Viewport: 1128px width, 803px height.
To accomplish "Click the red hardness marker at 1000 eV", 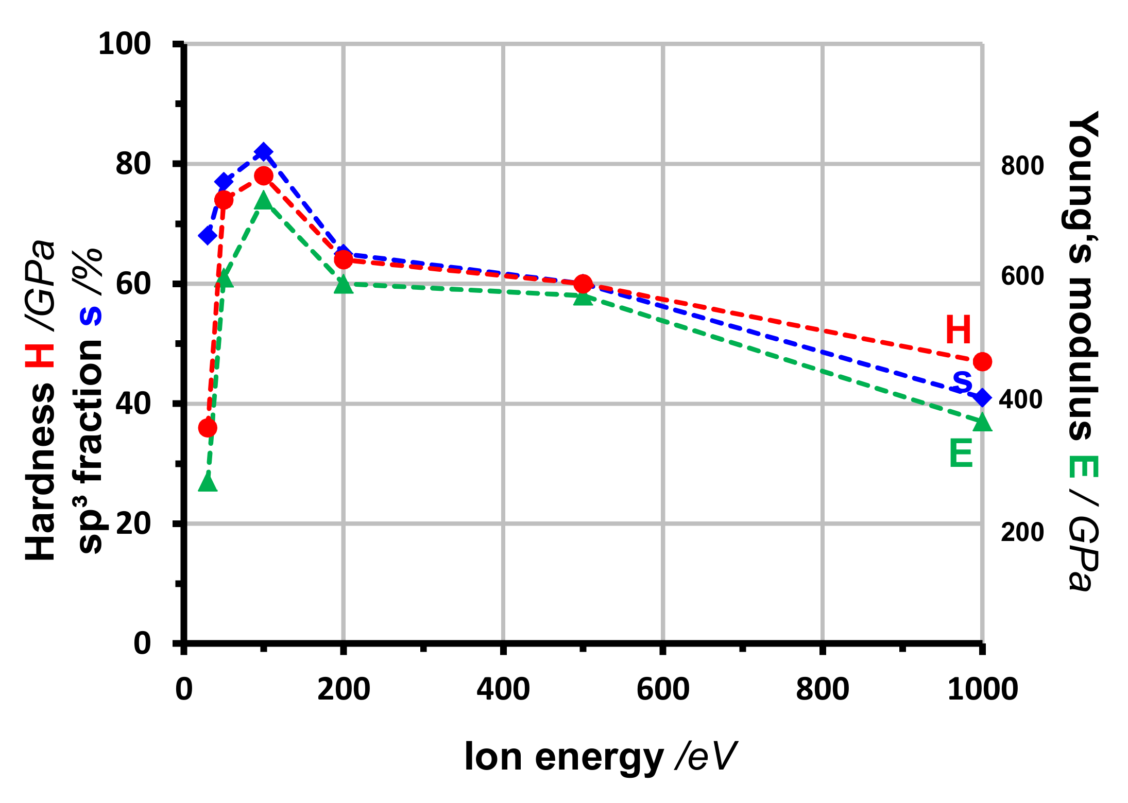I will point(982,362).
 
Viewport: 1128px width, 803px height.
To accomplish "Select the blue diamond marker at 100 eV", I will point(264,152).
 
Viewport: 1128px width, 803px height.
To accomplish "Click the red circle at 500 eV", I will point(583,284).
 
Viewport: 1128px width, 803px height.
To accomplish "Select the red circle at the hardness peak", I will point(264,176).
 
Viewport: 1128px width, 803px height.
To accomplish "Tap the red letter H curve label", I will point(958,330).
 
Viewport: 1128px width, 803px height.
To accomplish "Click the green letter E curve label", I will point(961,453).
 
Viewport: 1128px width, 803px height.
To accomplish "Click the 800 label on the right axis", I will point(1022,165).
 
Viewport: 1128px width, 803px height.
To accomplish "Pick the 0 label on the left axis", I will point(142,643).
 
